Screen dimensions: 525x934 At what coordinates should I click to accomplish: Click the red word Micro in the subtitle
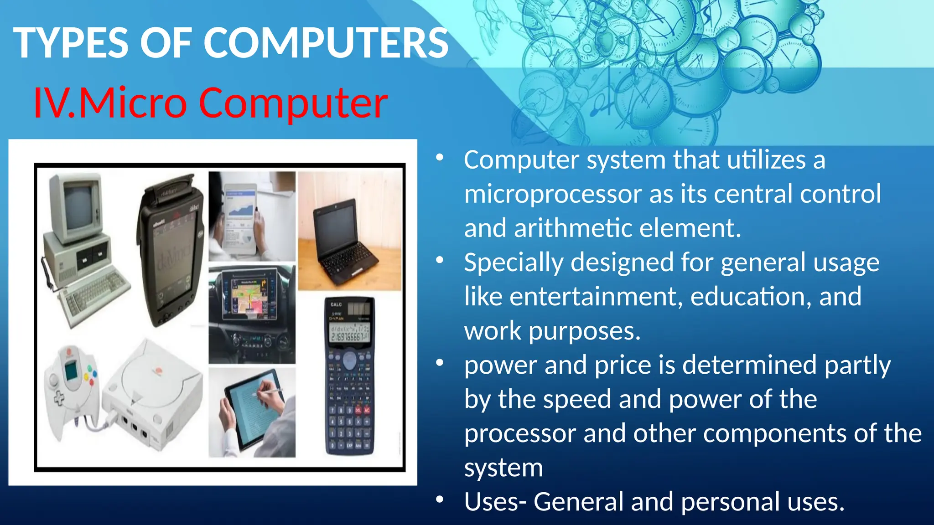(x=132, y=103)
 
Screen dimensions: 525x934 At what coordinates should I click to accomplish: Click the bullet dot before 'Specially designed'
(x=440, y=260)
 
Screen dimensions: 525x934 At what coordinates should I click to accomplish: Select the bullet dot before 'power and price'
(x=440, y=363)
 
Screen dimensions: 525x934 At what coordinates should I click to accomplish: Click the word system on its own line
(x=503, y=468)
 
